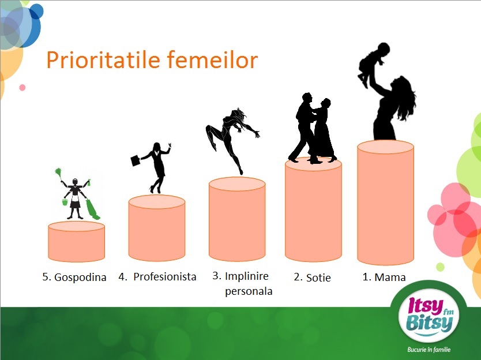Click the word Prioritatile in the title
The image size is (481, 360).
click(103, 60)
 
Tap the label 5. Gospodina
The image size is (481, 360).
click(74, 277)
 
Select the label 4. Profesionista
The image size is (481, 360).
click(157, 277)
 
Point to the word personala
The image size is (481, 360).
click(249, 291)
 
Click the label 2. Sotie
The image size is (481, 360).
click(312, 277)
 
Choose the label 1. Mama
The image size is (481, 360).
click(384, 277)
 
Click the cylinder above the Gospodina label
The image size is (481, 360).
click(76, 242)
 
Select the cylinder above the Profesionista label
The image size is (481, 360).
click(157, 228)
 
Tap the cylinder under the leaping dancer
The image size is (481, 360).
click(237, 219)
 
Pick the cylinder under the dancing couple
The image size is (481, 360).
click(313, 209)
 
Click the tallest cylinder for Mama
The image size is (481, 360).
click(386, 202)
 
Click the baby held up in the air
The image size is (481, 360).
click(373, 63)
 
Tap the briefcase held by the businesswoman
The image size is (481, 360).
click(136, 160)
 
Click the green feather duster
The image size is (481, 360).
click(58, 174)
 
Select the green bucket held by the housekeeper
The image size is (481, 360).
click(65, 202)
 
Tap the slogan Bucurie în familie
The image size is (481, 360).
click(429, 350)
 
